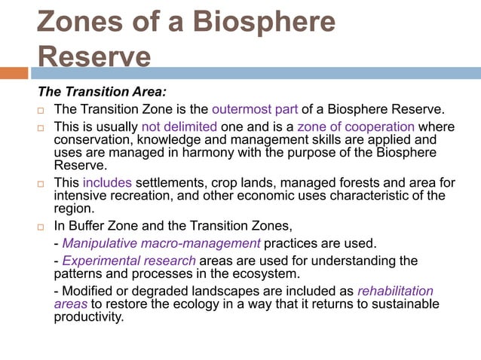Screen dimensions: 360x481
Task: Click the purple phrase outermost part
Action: coord(252,110)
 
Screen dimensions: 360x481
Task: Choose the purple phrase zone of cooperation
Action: coord(356,127)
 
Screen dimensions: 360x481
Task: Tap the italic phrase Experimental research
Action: coord(129,261)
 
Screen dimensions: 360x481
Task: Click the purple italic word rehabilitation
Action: coord(394,291)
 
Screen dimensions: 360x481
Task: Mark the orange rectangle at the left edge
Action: coord(14,73)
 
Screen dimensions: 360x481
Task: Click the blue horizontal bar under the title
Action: coord(256,73)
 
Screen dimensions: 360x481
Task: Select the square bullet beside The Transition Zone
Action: coord(43,111)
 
